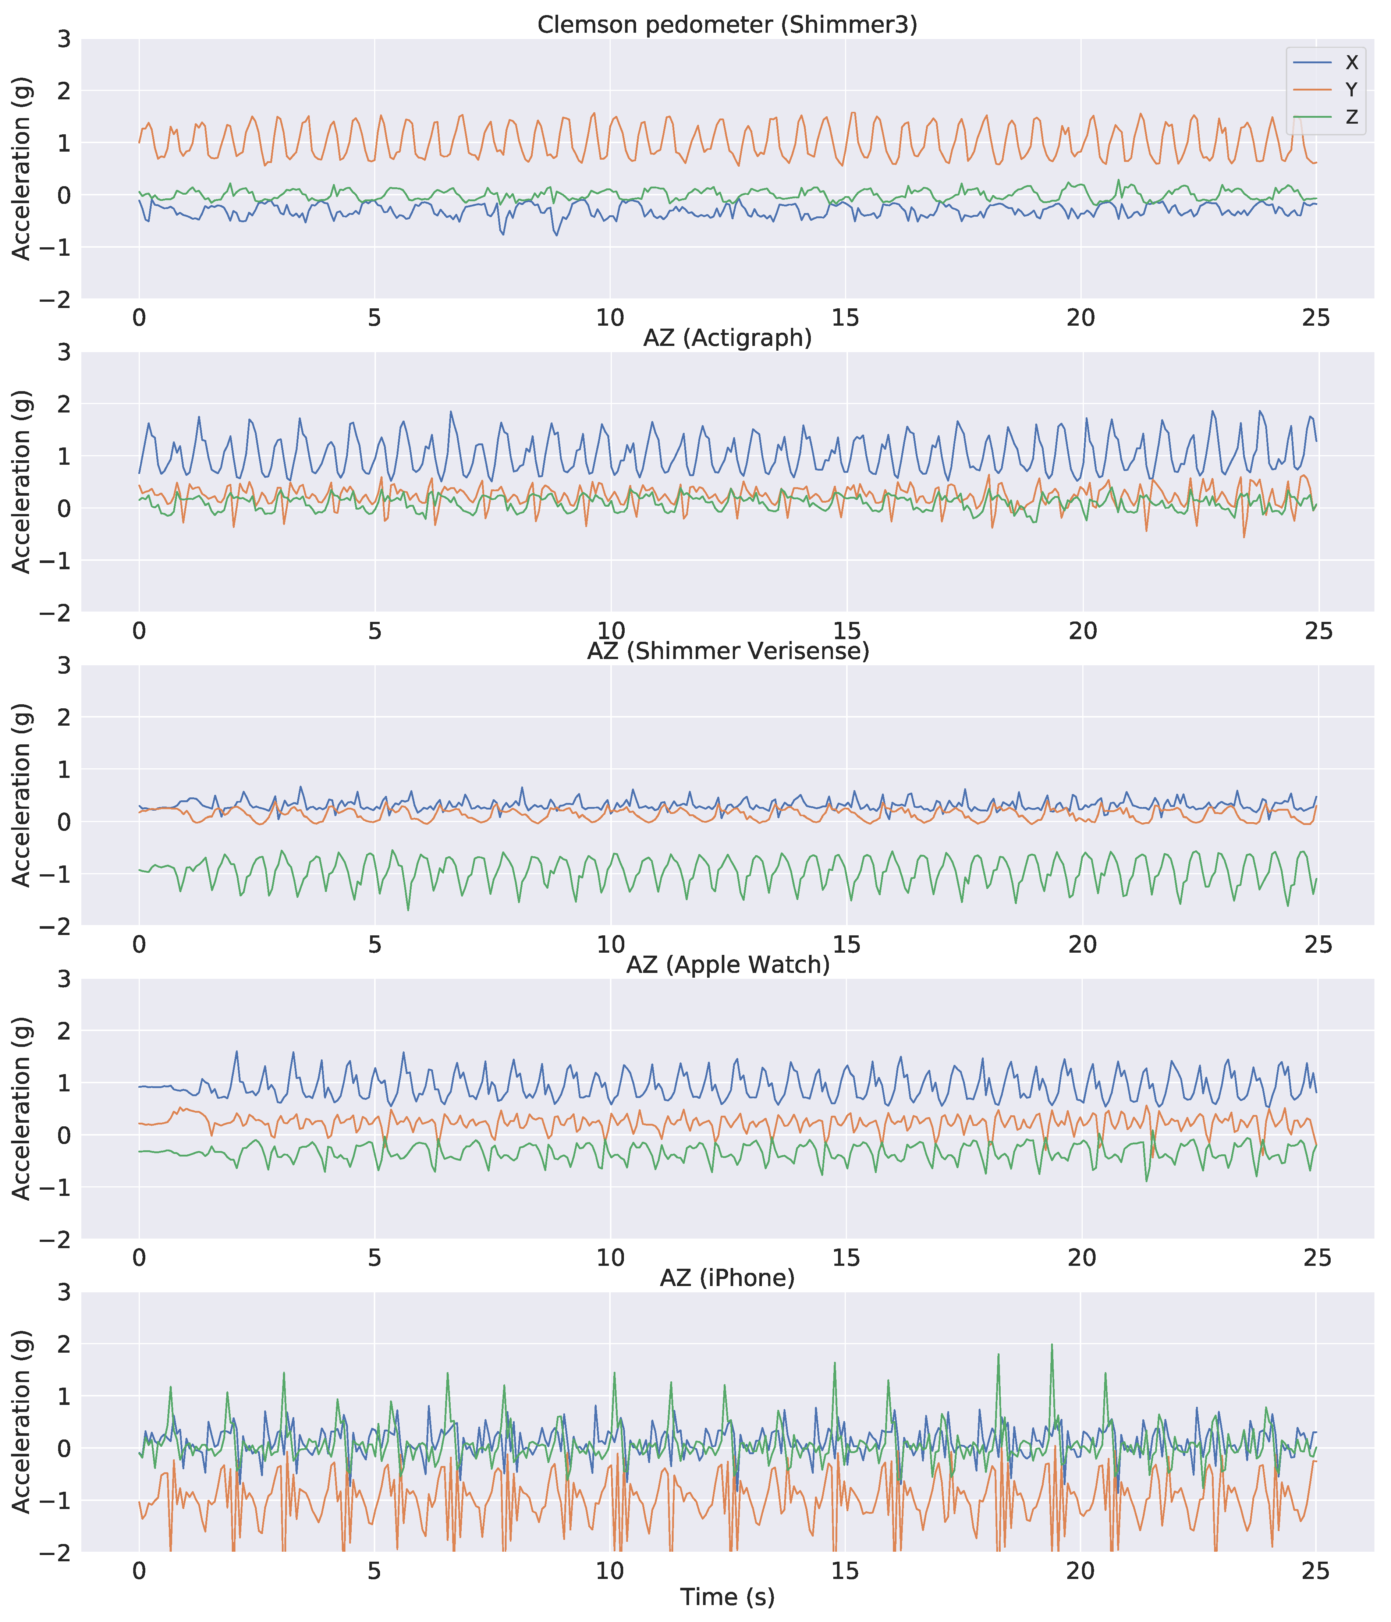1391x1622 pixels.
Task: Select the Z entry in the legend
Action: [x=1351, y=117]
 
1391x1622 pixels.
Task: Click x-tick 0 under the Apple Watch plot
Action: [x=139, y=1258]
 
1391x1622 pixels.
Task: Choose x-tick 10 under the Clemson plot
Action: [x=610, y=318]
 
